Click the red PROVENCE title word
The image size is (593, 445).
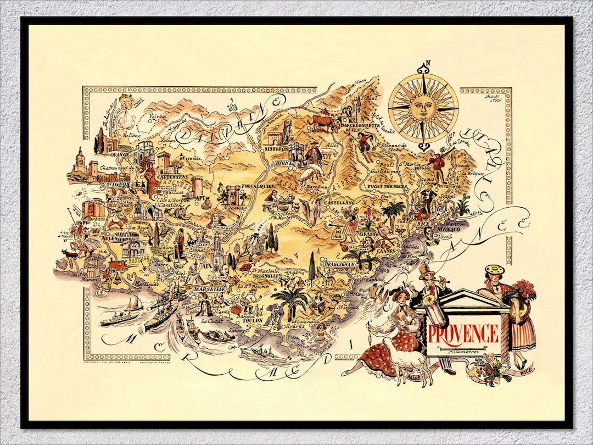pos(463,333)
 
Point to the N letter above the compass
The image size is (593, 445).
pos(428,63)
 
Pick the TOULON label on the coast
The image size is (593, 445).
pos(253,320)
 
